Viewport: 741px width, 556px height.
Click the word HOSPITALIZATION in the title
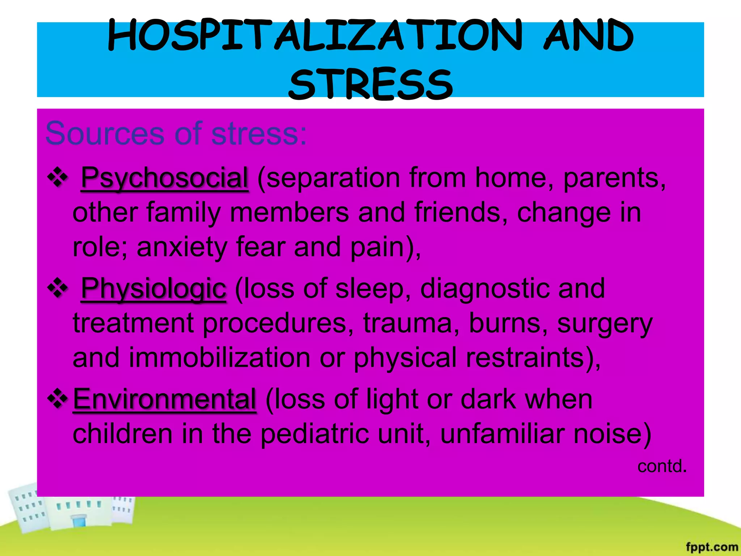[x=315, y=36]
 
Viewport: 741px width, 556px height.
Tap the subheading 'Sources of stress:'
[x=176, y=133]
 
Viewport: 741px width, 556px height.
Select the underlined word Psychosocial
[x=165, y=178]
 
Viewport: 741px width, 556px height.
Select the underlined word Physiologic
[x=154, y=288]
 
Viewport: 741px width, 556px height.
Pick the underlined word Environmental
[x=165, y=399]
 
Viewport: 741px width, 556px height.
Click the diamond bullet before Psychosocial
[x=58, y=177]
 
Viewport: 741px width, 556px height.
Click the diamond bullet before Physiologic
[x=58, y=288]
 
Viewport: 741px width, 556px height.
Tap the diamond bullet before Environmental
[x=58, y=399]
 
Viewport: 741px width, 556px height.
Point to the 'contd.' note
[x=662, y=466]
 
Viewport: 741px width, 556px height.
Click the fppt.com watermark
[x=712, y=547]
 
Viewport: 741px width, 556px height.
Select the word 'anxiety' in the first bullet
[x=182, y=247]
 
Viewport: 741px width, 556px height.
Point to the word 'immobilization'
[x=219, y=358]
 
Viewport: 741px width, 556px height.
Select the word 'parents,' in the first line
[x=614, y=178]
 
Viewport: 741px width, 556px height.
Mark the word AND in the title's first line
[x=588, y=36]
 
